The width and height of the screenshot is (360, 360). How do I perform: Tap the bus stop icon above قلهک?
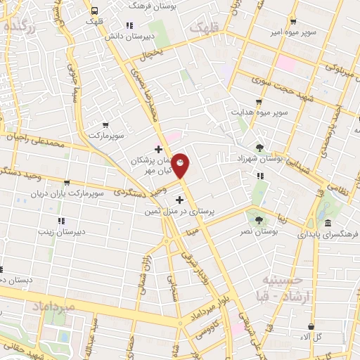pos(94,10)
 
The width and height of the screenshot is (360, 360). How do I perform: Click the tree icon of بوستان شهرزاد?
pos(260,148)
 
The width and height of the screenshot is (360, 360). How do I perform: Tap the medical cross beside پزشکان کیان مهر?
pos(159,149)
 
